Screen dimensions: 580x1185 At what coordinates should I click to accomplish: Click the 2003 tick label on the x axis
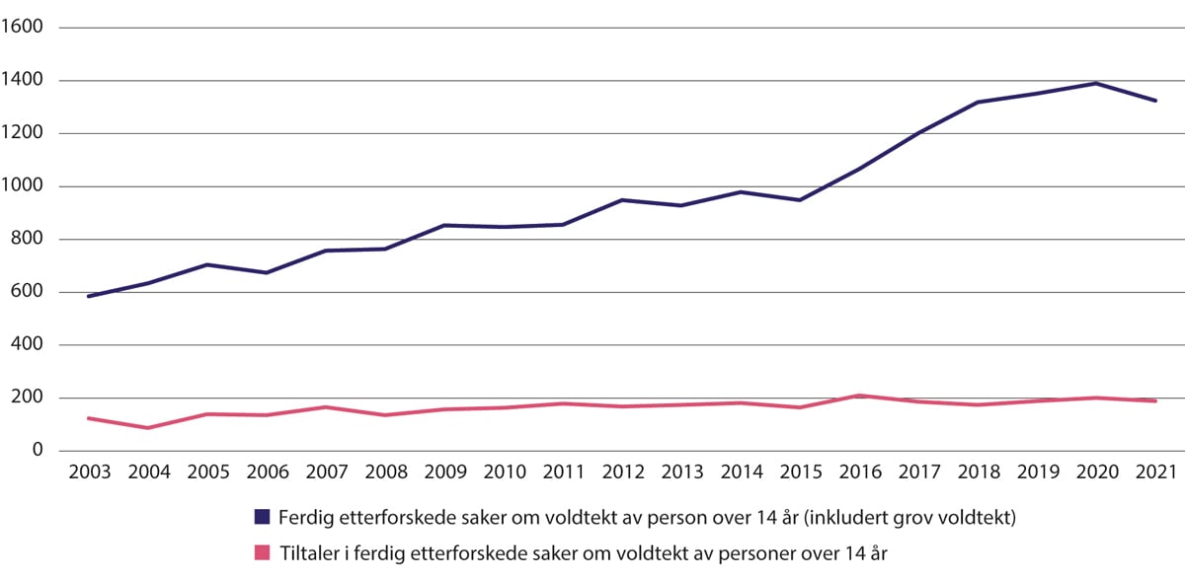coord(89,471)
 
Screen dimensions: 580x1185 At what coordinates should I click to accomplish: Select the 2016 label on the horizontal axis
coord(860,471)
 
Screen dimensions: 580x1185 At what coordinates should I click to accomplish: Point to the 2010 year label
coord(504,471)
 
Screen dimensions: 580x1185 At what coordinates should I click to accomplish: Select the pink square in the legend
coord(262,552)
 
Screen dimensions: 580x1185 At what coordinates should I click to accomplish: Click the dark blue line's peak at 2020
coord(1097,83)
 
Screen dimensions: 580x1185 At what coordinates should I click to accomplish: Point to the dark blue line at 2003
coord(89,296)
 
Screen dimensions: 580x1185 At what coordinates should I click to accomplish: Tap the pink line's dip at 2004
coord(148,428)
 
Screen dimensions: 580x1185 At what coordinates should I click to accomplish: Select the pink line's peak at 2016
coord(860,396)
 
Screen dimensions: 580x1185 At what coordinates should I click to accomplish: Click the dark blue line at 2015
coord(800,200)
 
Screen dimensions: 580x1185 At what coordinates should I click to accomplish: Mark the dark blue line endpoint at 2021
coord(1155,101)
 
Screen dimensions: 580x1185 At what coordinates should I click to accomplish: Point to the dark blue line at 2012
coord(622,200)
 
